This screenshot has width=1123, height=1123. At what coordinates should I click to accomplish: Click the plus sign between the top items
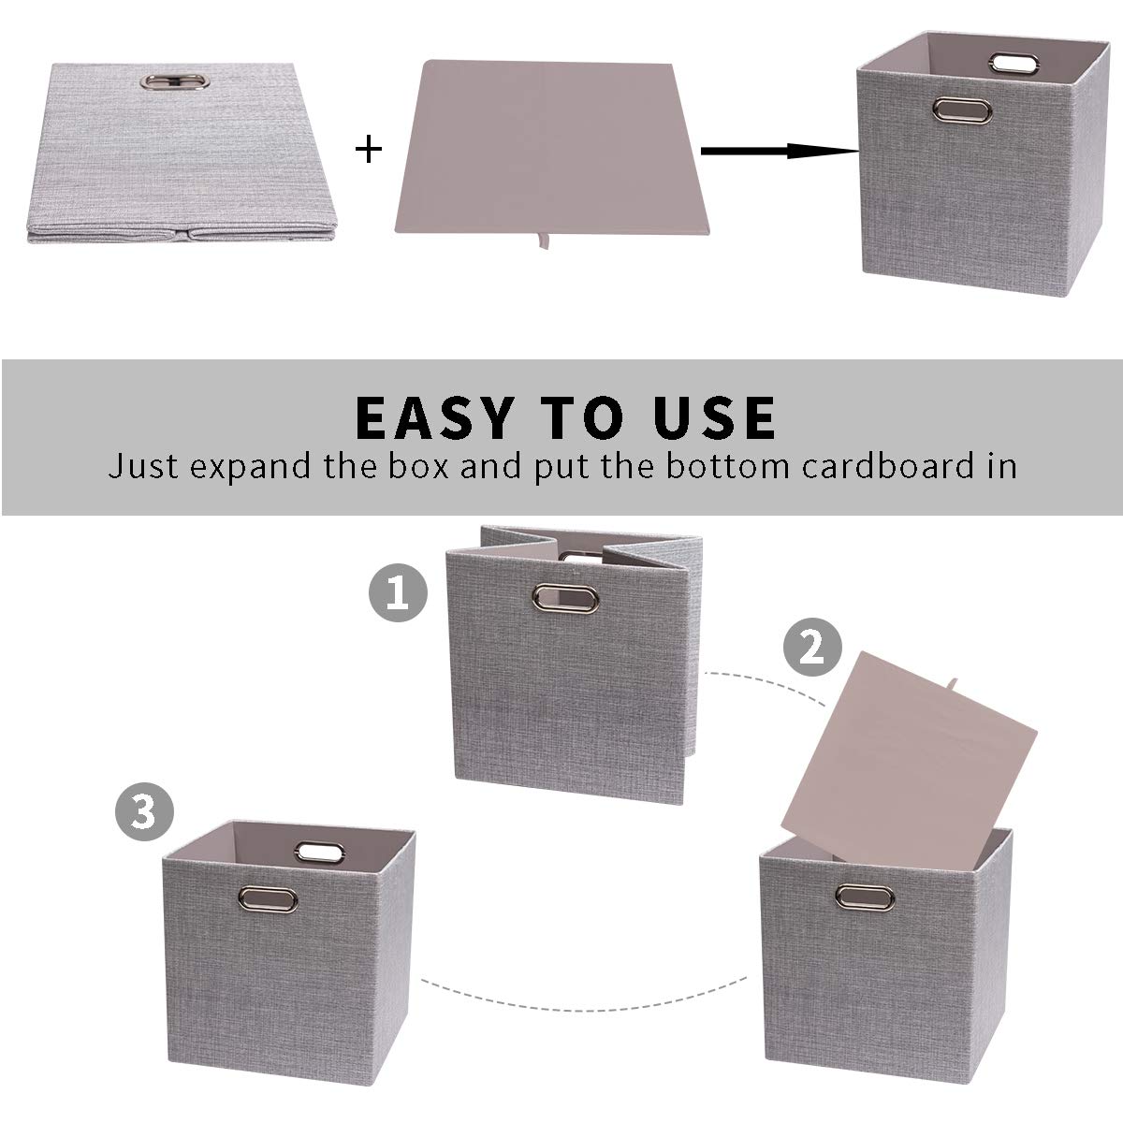click(x=370, y=149)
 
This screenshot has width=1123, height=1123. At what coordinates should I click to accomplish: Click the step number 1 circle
click(x=399, y=593)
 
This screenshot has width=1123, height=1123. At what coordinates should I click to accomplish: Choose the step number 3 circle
click(x=143, y=811)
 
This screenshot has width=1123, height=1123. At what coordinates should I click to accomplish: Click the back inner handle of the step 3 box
click(x=321, y=853)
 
